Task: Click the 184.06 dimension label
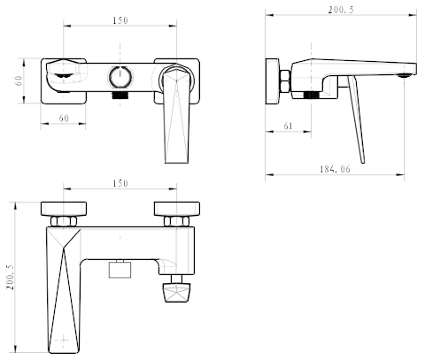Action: pos(335,169)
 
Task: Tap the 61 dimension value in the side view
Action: pos(288,126)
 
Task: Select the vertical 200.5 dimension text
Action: pos(11,277)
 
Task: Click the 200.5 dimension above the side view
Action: pos(341,10)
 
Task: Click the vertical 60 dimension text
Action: pos(19,80)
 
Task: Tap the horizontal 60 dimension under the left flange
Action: pos(64,119)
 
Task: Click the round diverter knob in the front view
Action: pos(120,77)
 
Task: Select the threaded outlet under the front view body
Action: pos(120,95)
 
